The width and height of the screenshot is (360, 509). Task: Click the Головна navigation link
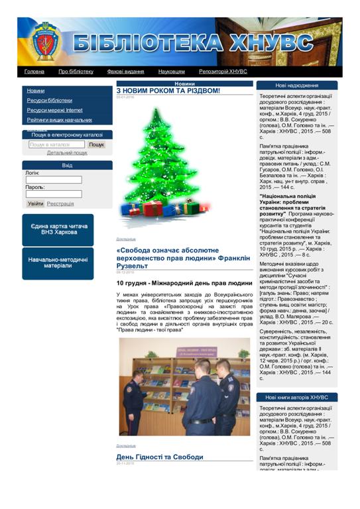click(x=34, y=72)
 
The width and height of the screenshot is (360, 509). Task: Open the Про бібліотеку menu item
click(x=76, y=72)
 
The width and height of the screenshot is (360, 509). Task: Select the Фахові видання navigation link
click(x=125, y=72)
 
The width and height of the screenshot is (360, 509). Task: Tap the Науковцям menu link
click(x=171, y=72)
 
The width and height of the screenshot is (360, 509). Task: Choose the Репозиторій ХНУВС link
click(x=223, y=72)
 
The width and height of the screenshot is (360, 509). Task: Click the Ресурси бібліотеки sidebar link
click(x=50, y=100)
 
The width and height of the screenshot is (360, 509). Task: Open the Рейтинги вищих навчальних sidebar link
click(x=60, y=120)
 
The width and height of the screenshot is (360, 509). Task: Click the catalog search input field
click(x=56, y=144)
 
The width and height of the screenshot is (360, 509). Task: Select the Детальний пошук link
click(x=66, y=152)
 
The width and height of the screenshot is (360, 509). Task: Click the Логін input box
click(x=54, y=180)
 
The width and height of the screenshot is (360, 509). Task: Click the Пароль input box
click(x=54, y=194)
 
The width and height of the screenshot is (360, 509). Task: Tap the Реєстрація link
click(x=60, y=204)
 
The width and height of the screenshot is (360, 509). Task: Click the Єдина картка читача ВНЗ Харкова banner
click(x=58, y=229)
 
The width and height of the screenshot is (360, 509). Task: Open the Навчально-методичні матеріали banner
click(x=58, y=262)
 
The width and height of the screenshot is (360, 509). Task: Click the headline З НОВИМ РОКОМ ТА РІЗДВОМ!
click(x=168, y=91)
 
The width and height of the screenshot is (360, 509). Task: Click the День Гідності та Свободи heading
click(x=160, y=457)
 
